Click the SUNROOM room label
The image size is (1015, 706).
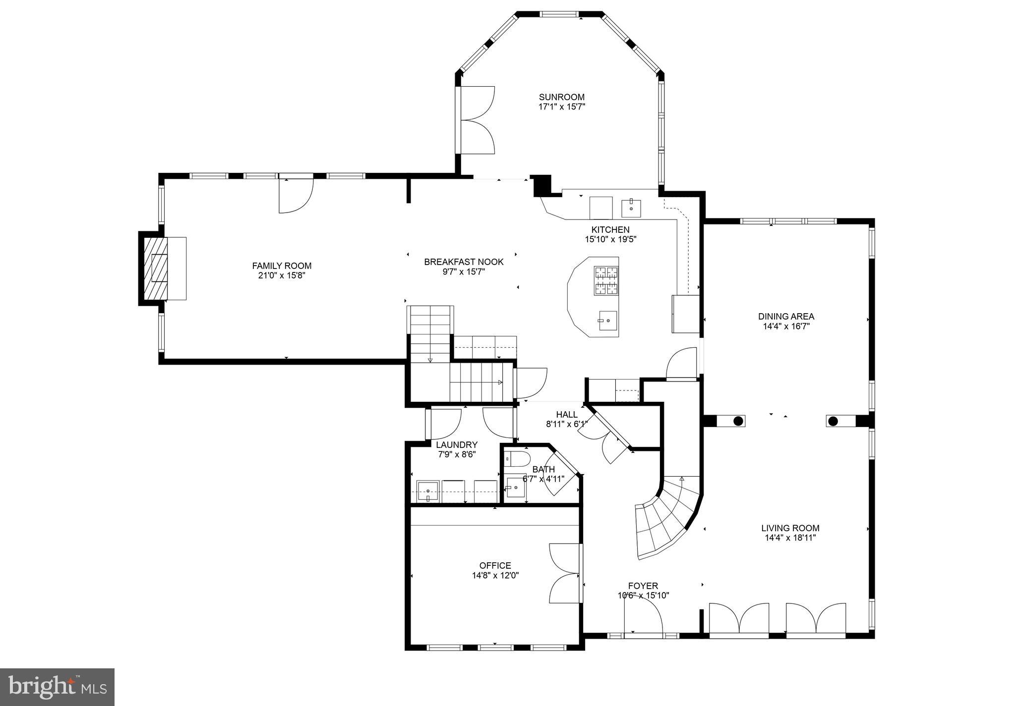pyautogui.click(x=562, y=97)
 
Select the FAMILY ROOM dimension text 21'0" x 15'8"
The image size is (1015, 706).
pyautogui.click(x=282, y=275)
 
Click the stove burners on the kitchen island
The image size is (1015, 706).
pyautogui.click(x=606, y=280)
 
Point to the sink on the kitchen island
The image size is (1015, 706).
pyautogui.click(x=607, y=321)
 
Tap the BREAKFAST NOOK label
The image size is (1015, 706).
pyautogui.click(x=464, y=262)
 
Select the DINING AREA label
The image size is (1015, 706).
pyautogui.click(x=786, y=317)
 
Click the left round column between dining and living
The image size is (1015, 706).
pyautogui.click(x=738, y=421)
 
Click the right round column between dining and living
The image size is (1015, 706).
pyautogui.click(x=833, y=421)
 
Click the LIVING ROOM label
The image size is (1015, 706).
pyautogui.click(x=790, y=528)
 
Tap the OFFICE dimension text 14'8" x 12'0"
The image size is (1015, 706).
pyautogui.click(x=495, y=575)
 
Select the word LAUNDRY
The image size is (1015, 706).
pyautogui.click(x=457, y=444)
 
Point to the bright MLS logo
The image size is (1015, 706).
pyautogui.click(x=58, y=687)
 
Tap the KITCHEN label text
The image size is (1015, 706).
pyautogui.click(x=610, y=229)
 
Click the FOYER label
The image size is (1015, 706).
pyautogui.click(x=643, y=586)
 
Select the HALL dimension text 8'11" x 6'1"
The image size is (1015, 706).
pyautogui.click(x=567, y=424)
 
